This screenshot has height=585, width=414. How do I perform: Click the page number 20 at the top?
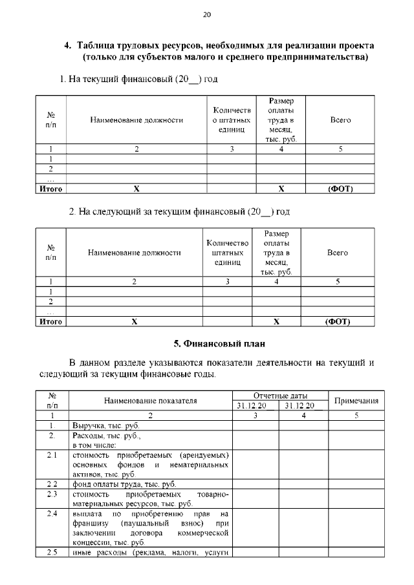(x=207, y=14)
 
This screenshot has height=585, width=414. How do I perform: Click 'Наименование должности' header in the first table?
(x=136, y=120)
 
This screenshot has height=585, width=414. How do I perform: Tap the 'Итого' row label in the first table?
(x=50, y=189)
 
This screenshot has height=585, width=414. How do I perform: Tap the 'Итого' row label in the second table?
(x=50, y=321)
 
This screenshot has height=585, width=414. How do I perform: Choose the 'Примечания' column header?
(x=355, y=401)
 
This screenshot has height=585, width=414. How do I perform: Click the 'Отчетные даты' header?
(x=279, y=396)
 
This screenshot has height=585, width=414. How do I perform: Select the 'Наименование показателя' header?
(x=150, y=401)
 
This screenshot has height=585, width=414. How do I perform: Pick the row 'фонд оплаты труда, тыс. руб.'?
(x=124, y=484)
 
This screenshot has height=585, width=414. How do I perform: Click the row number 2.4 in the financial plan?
(x=52, y=513)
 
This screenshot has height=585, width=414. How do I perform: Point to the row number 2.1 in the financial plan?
(x=52, y=455)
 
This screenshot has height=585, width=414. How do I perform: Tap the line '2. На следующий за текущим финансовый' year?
(x=179, y=211)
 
